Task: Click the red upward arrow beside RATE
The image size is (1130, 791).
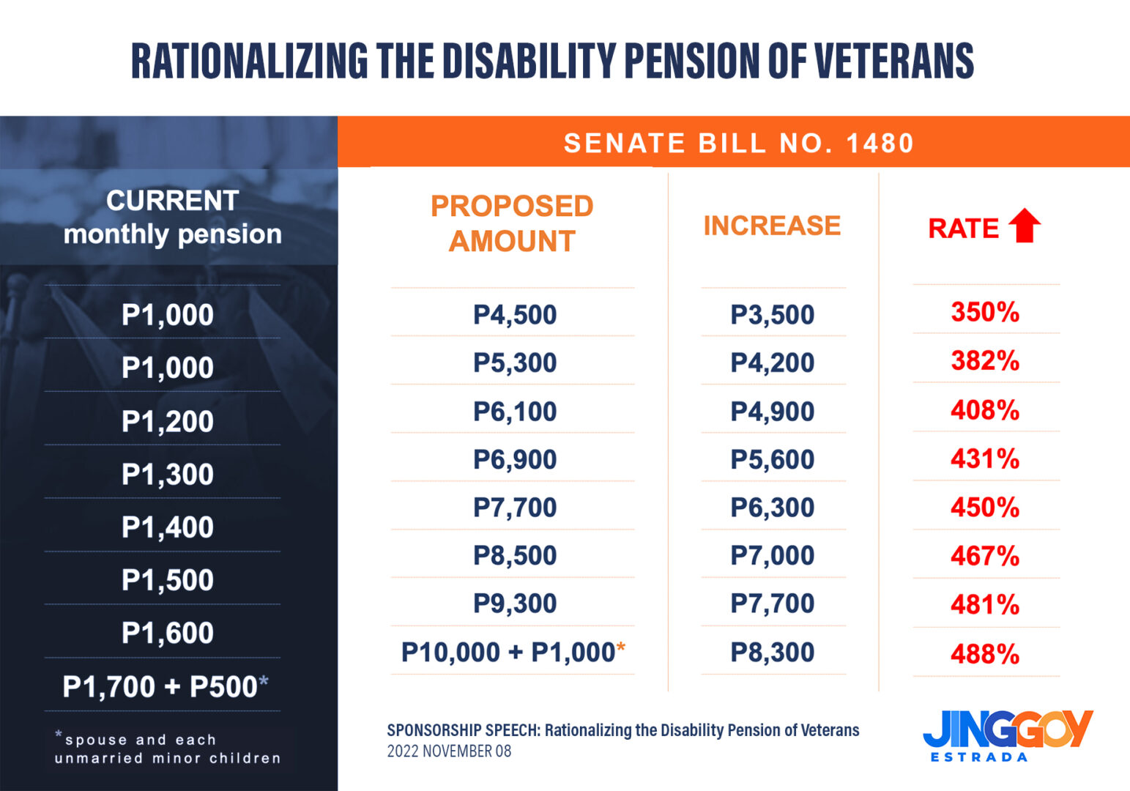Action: [x=1025, y=226]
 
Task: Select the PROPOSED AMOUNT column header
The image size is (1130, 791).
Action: [x=512, y=223]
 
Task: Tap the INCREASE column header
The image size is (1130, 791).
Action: [x=772, y=226]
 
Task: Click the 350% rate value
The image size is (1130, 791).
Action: [x=985, y=312]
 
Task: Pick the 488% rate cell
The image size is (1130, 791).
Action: [x=985, y=653]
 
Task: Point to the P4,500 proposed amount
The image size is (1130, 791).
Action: [x=515, y=315]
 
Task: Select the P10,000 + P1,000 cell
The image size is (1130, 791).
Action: [x=513, y=652]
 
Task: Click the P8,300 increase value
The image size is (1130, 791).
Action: [x=772, y=652]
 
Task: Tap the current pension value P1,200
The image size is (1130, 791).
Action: [x=168, y=422]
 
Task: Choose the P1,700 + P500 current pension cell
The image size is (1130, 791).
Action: [x=166, y=687]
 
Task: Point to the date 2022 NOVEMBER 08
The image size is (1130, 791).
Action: [x=449, y=751]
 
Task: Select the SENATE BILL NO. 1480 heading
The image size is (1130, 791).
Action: [x=738, y=143]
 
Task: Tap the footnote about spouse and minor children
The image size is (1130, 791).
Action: [x=167, y=749]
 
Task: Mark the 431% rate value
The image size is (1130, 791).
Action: [x=985, y=459]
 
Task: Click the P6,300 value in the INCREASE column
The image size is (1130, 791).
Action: [x=772, y=508]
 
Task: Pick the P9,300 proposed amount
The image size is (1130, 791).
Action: [x=515, y=604]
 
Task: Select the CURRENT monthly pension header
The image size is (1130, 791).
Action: [x=172, y=218]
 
